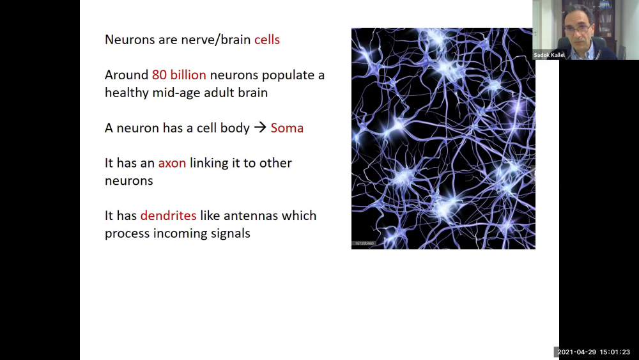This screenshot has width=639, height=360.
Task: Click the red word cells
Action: pos(267,40)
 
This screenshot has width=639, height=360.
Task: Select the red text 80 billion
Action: pos(179,75)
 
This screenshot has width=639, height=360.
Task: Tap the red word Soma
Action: pos(287,128)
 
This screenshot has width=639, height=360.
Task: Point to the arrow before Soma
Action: pos(259,128)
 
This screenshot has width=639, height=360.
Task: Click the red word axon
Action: pos(172,163)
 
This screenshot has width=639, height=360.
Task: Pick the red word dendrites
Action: pos(168,215)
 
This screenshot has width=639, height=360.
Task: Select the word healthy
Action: pos(127,93)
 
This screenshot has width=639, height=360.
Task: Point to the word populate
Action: pos(289,75)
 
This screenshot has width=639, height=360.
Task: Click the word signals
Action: pos(230,233)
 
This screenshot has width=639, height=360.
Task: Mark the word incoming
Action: pos(179,233)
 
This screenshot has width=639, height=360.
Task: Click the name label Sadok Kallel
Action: pos(550,55)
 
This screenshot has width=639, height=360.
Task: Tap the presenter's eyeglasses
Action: pos(578,29)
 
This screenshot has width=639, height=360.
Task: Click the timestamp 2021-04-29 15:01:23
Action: pos(594,352)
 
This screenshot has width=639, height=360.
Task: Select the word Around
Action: pos(127,75)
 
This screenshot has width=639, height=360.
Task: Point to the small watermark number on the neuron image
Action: pos(363,244)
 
